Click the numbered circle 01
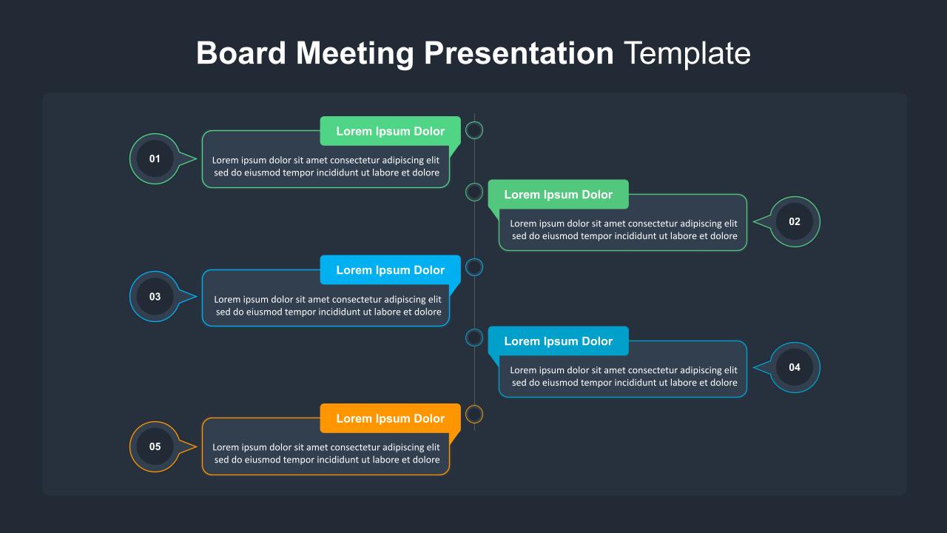(155, 158)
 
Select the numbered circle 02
(795, 221)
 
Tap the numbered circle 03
(155, 297)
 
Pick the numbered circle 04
(795, 367)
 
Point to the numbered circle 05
(155, 446)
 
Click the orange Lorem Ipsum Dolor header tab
(390, 418)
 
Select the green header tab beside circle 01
(390, 131)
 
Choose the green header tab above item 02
(558, 195)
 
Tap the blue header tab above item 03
(390, 270)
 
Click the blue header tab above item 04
(558, 341)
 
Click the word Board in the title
(241, 53)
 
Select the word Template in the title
(687, 53)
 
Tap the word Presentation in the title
(519, 53)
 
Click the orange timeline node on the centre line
(474, 414)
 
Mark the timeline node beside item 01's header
(474, 130)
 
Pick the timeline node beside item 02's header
(474, 192)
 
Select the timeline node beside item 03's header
(474, 267)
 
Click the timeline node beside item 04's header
(474, 338)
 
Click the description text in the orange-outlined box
(326, 454)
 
